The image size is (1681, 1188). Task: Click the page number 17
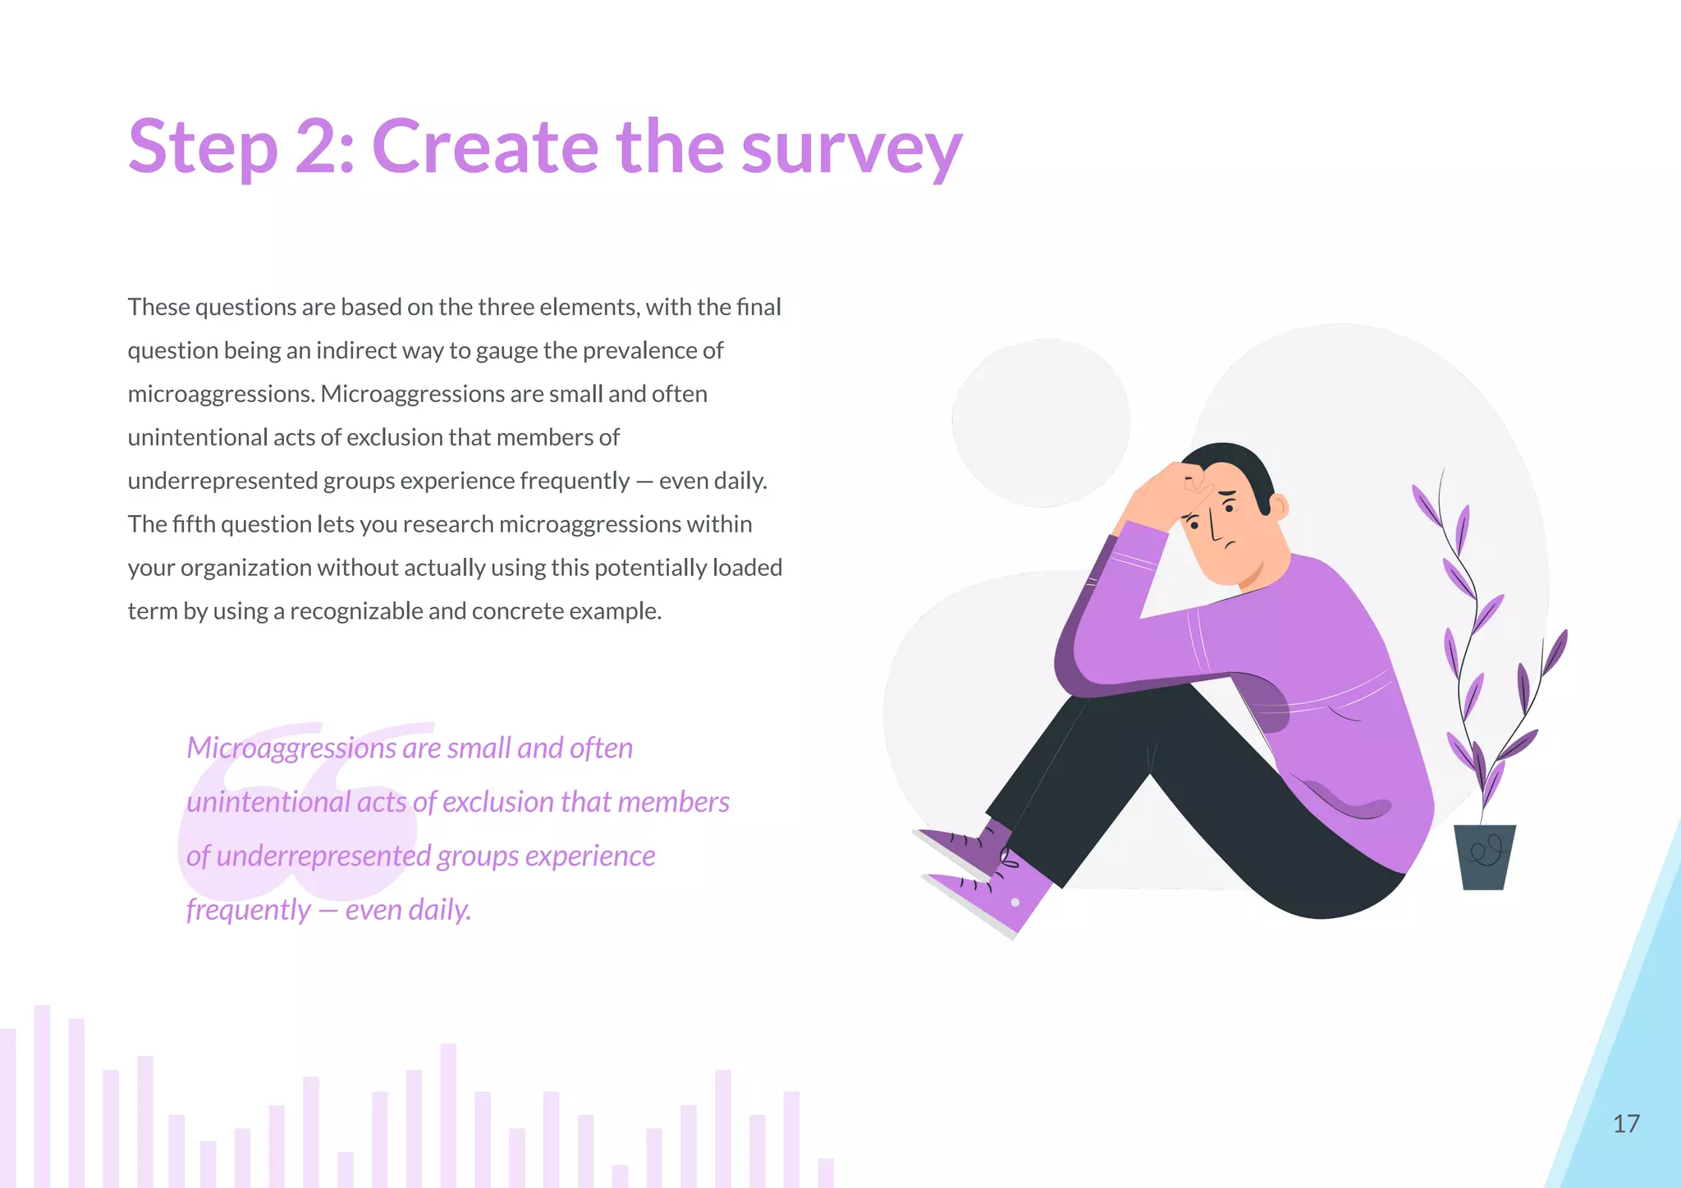[x=1626, y=1124]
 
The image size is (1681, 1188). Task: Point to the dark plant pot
[x=1484, y=857]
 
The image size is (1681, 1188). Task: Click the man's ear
[x=1279, y=506]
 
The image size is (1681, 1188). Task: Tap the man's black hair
[x=1244, y=464]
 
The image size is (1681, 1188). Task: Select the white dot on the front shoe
[x=1015, y=902]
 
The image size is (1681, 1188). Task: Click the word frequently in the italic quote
[x=248, y=911]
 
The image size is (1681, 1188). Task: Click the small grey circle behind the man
[x=1041, y=423]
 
